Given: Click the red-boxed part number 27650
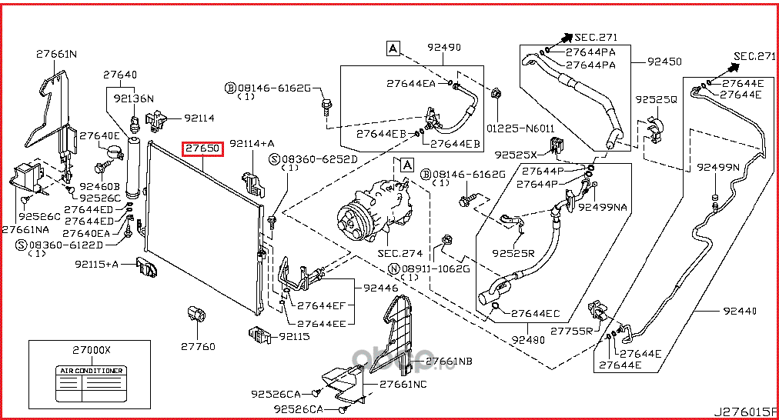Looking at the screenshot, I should coord(202,148).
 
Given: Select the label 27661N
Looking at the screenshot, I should coord(57,54).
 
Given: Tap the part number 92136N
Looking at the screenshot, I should coord(134,98).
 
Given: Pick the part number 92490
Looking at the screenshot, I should coord(444,48).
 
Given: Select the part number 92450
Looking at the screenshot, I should coord(665,61).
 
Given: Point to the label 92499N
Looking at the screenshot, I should coord(718,167).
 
